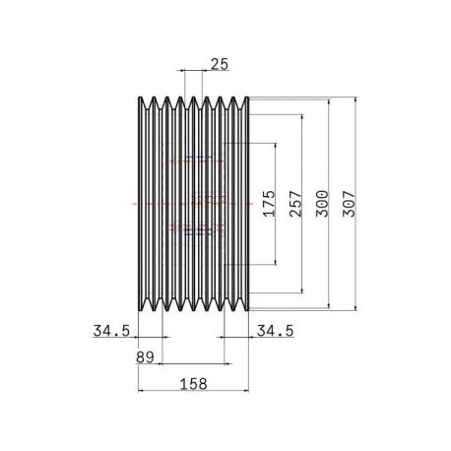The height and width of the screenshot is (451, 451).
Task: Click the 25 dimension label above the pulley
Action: (x=220, y=64)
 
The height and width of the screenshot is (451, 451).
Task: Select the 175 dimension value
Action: (x=269, y=204)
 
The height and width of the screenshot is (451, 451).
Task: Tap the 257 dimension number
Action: (x=295, y=204)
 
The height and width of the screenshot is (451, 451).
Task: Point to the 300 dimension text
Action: (x=322, y=204)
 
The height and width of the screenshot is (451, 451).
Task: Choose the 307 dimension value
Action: (x=349, y=204)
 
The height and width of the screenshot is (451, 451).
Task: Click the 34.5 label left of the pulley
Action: (x=111, y=331)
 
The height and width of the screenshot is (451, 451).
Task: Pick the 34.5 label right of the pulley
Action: (x=275, y=331)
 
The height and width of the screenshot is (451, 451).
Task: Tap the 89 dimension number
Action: (x=145, y=357)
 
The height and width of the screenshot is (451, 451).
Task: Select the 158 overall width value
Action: (x=194, y=384)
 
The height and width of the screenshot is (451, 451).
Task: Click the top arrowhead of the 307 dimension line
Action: (x=355, y=98)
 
